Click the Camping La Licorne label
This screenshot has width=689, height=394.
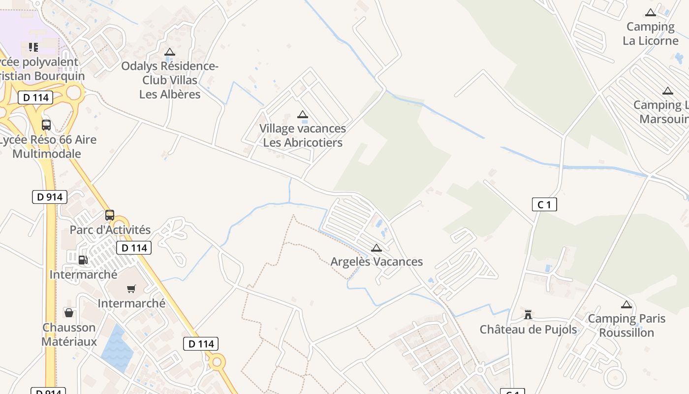(x=650, y=33)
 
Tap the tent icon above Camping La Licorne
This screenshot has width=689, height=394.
(x=651, y=13)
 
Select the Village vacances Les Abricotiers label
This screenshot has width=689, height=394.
(x=303, y=135)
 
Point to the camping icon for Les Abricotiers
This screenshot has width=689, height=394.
(x=303, y=115)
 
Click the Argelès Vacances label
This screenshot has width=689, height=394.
(x=376, y=262)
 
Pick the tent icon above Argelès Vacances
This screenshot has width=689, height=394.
(x=376, y=248)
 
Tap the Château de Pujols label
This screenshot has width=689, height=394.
(x=528, y=329)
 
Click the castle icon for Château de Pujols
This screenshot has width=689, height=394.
(x=528, y=314)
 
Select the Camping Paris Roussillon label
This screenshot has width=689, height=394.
(x=626, y=326)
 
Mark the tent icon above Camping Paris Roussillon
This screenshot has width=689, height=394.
(x=626, y=305)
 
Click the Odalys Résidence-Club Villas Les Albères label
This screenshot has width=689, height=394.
(x=170, y=80)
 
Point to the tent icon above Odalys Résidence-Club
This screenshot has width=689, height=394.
(x=170, y=52)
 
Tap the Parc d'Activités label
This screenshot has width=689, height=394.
(x=110, y=230)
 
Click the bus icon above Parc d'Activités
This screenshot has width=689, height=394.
(x=110, y=215)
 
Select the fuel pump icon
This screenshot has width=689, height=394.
(x=83, y=260)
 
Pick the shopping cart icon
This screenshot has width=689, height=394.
(x=131, y=289)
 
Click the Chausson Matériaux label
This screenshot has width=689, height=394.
(x=69, y=334)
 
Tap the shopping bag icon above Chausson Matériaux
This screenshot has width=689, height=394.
(x=69, y=313)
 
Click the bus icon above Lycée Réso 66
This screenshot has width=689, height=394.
(x=46, y=125)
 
